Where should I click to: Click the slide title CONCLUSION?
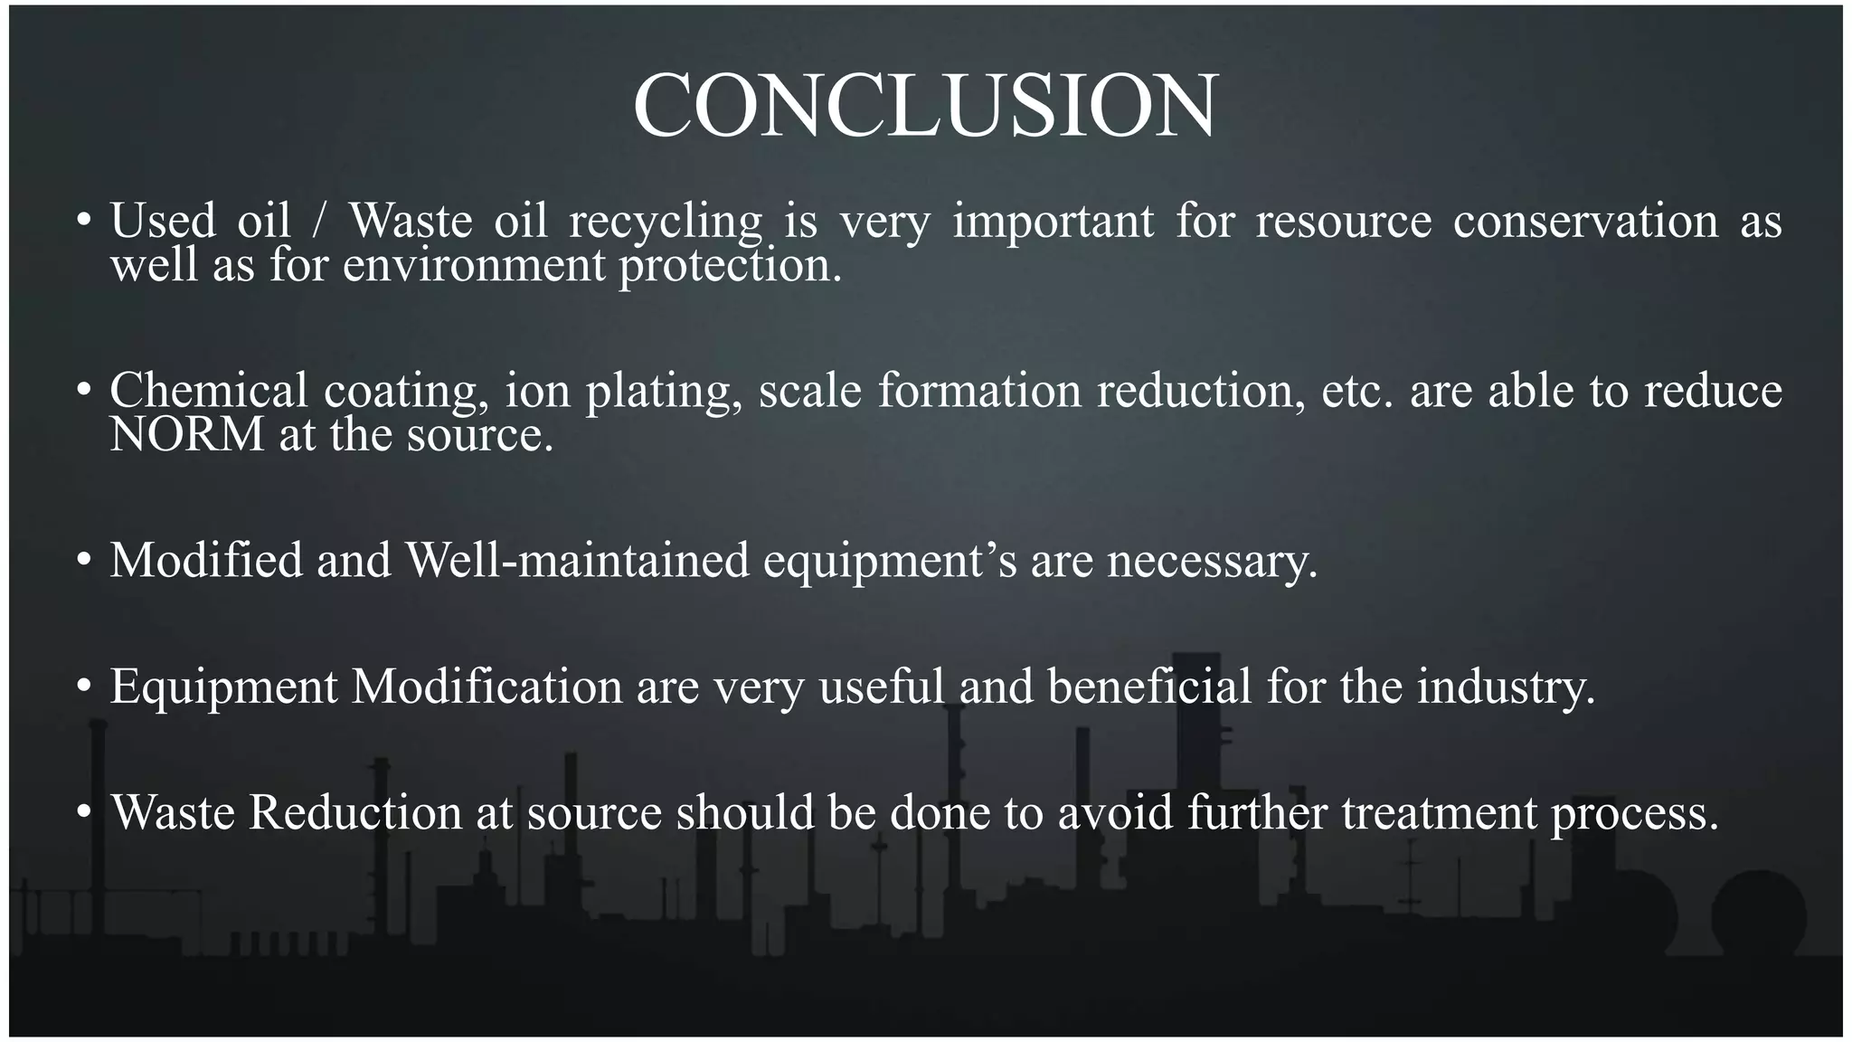click(x=925, y=106)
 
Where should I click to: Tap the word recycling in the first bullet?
click(x=666, y=222)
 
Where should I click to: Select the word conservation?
click(x=1585, y=221)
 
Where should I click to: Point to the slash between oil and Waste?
click(x=317, y=221)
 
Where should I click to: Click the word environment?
click(x=474, y=266)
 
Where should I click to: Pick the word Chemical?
click(x=209, y=391)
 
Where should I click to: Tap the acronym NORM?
click(x=186, y=435)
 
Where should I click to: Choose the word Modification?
click(x=487, y=687)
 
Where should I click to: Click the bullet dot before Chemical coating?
click(x=84, y=391)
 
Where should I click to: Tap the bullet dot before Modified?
click(x=84, y=561)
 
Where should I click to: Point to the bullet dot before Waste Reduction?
click(x=84, y=812)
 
